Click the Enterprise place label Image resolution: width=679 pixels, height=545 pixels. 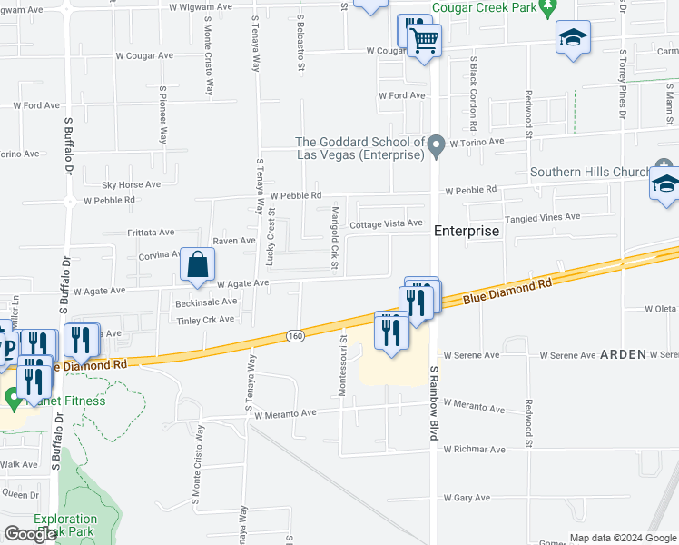click(x=467, y=231)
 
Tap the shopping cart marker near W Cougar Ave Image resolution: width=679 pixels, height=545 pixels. click(x=424, y=40)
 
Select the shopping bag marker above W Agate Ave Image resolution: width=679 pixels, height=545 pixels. click(x=197, y=266)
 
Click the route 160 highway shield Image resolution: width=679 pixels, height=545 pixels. click(x=299, y=334)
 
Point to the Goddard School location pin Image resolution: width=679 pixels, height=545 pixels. click(x=437, y=144)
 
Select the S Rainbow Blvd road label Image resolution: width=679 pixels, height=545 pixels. click(x=435, y=403)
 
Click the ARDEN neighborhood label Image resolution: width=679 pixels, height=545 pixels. click(x=623, y=354)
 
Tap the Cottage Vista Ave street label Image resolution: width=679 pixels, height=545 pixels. click(x=386, y=223)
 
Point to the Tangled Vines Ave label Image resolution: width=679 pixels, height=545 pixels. click(x=543, y=217)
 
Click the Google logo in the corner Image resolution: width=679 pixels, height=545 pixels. click(x=30, y=534)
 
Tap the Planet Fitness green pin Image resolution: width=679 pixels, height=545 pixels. click(x=13, y=397)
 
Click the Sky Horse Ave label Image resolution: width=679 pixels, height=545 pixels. click(x=131, y=184)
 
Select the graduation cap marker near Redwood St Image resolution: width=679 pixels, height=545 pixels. click(x=573, y=37)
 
